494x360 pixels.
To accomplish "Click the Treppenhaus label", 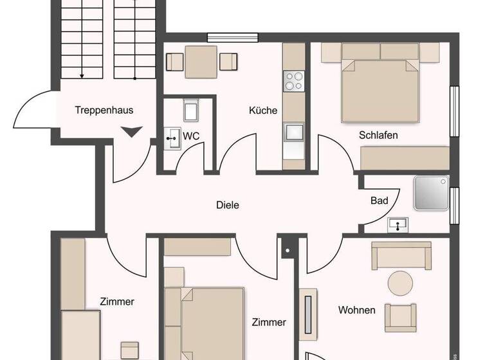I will coord(104,110).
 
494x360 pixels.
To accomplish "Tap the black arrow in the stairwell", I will coord(131,132).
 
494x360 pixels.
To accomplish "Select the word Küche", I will coord(263,111).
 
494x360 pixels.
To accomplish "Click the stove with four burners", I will coord(294,81).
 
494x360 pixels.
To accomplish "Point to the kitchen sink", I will coord(294,132).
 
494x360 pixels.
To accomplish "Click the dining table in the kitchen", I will coord(202,61).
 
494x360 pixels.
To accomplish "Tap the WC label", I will coord(191,136).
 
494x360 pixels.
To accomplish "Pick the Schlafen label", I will coord(378,135).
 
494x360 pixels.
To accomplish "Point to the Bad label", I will coord(380,201).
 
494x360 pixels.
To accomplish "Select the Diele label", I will coord(227,206).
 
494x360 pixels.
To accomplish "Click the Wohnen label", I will coord(357,310).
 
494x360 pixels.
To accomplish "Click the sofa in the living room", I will coord(401,255).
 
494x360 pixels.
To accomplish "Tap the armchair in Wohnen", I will coord(401,316).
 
